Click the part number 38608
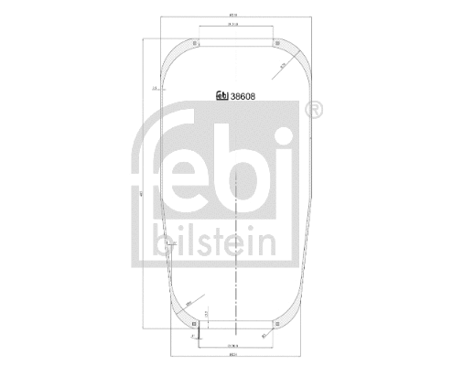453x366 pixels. pos(243,93)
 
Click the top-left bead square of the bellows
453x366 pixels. pos(194,39)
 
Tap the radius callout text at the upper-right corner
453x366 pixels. pos(284,66)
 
